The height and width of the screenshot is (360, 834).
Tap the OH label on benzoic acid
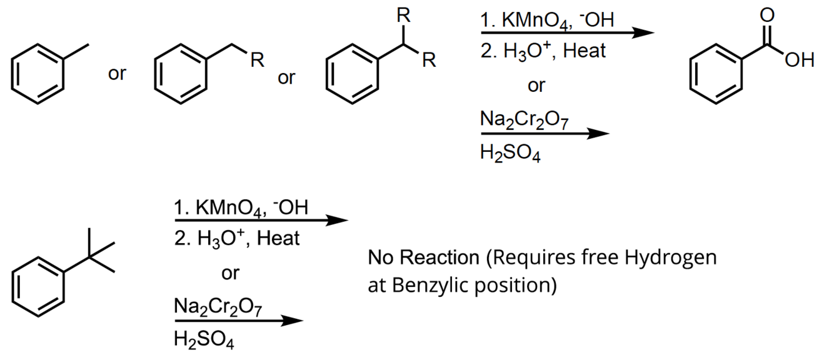801,61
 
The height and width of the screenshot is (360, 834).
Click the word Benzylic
431,284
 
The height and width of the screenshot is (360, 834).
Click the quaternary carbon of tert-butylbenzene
89,256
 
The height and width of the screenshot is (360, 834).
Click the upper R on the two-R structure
404,17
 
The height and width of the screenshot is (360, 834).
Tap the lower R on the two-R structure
429,61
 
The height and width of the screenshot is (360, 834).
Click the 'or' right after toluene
117,74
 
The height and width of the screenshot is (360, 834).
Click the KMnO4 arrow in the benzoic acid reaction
563,33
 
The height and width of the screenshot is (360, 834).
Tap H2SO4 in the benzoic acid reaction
510,152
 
